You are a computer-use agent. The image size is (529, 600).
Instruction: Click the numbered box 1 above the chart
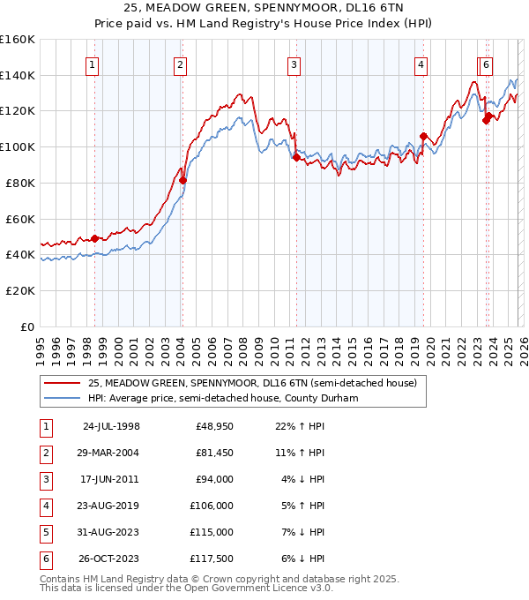(92, 64)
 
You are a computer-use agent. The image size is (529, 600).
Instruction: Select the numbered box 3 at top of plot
(294, 64)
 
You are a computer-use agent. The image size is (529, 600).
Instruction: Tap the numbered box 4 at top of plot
(421, 64)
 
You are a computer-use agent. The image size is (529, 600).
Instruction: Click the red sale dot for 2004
(183, 180)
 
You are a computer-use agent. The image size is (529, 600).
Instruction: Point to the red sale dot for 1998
(94, 238)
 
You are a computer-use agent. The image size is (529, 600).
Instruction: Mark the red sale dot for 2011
(295, 158)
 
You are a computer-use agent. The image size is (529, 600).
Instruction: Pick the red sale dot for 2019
(423, 136)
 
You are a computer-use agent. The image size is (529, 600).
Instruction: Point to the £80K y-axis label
(19, 184)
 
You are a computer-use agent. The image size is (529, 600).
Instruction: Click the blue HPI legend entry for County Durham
(234, 398)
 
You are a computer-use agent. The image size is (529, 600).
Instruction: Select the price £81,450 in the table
(212, 453)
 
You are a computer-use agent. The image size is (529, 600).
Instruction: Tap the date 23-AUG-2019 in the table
(110, 506)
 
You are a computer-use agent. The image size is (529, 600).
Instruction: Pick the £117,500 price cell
(212, 559)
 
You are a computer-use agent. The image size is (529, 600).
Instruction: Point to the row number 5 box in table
(44, 532)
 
